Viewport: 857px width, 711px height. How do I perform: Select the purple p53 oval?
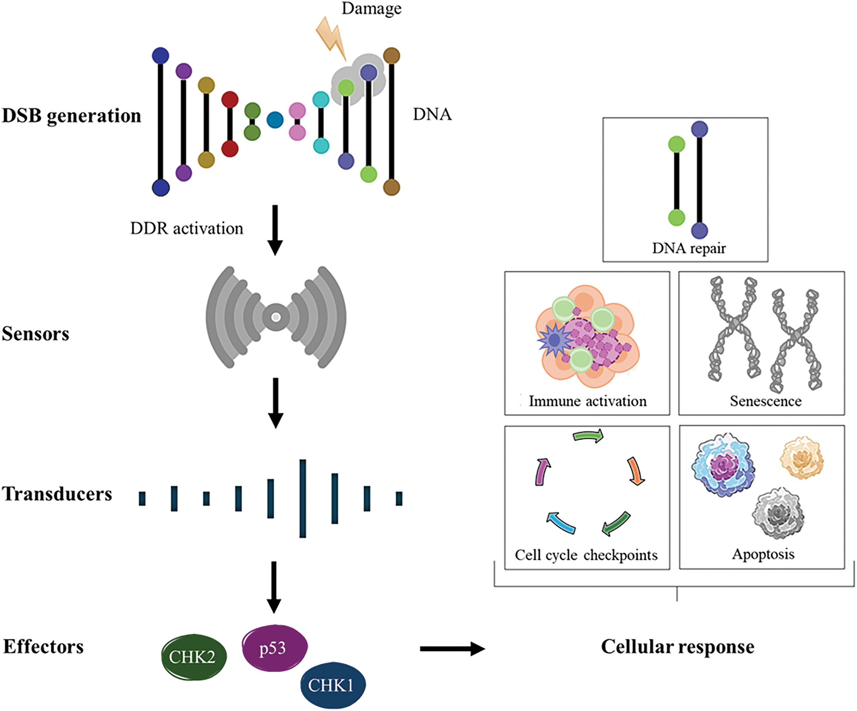point(275,648)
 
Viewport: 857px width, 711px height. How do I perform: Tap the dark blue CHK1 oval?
point(333,685)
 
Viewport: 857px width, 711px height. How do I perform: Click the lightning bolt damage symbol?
point(332,38)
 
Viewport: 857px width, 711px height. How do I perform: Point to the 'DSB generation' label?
point(72,116)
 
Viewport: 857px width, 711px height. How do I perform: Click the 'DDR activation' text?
point(186,229)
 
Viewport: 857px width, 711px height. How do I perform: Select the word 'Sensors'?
point(36,334)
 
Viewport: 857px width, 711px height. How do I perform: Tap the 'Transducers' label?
point(57,494)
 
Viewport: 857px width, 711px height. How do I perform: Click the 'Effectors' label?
point(43,647)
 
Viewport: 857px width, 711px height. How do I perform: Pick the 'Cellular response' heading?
point(678,647)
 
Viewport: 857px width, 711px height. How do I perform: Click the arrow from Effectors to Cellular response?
point(453,648)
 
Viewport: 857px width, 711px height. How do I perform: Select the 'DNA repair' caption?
point(689,248)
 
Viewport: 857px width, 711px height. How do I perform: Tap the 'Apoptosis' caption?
point(763,554)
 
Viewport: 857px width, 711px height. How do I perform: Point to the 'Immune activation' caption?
point(588,401)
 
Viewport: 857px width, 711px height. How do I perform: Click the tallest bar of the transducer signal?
point(302,499)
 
